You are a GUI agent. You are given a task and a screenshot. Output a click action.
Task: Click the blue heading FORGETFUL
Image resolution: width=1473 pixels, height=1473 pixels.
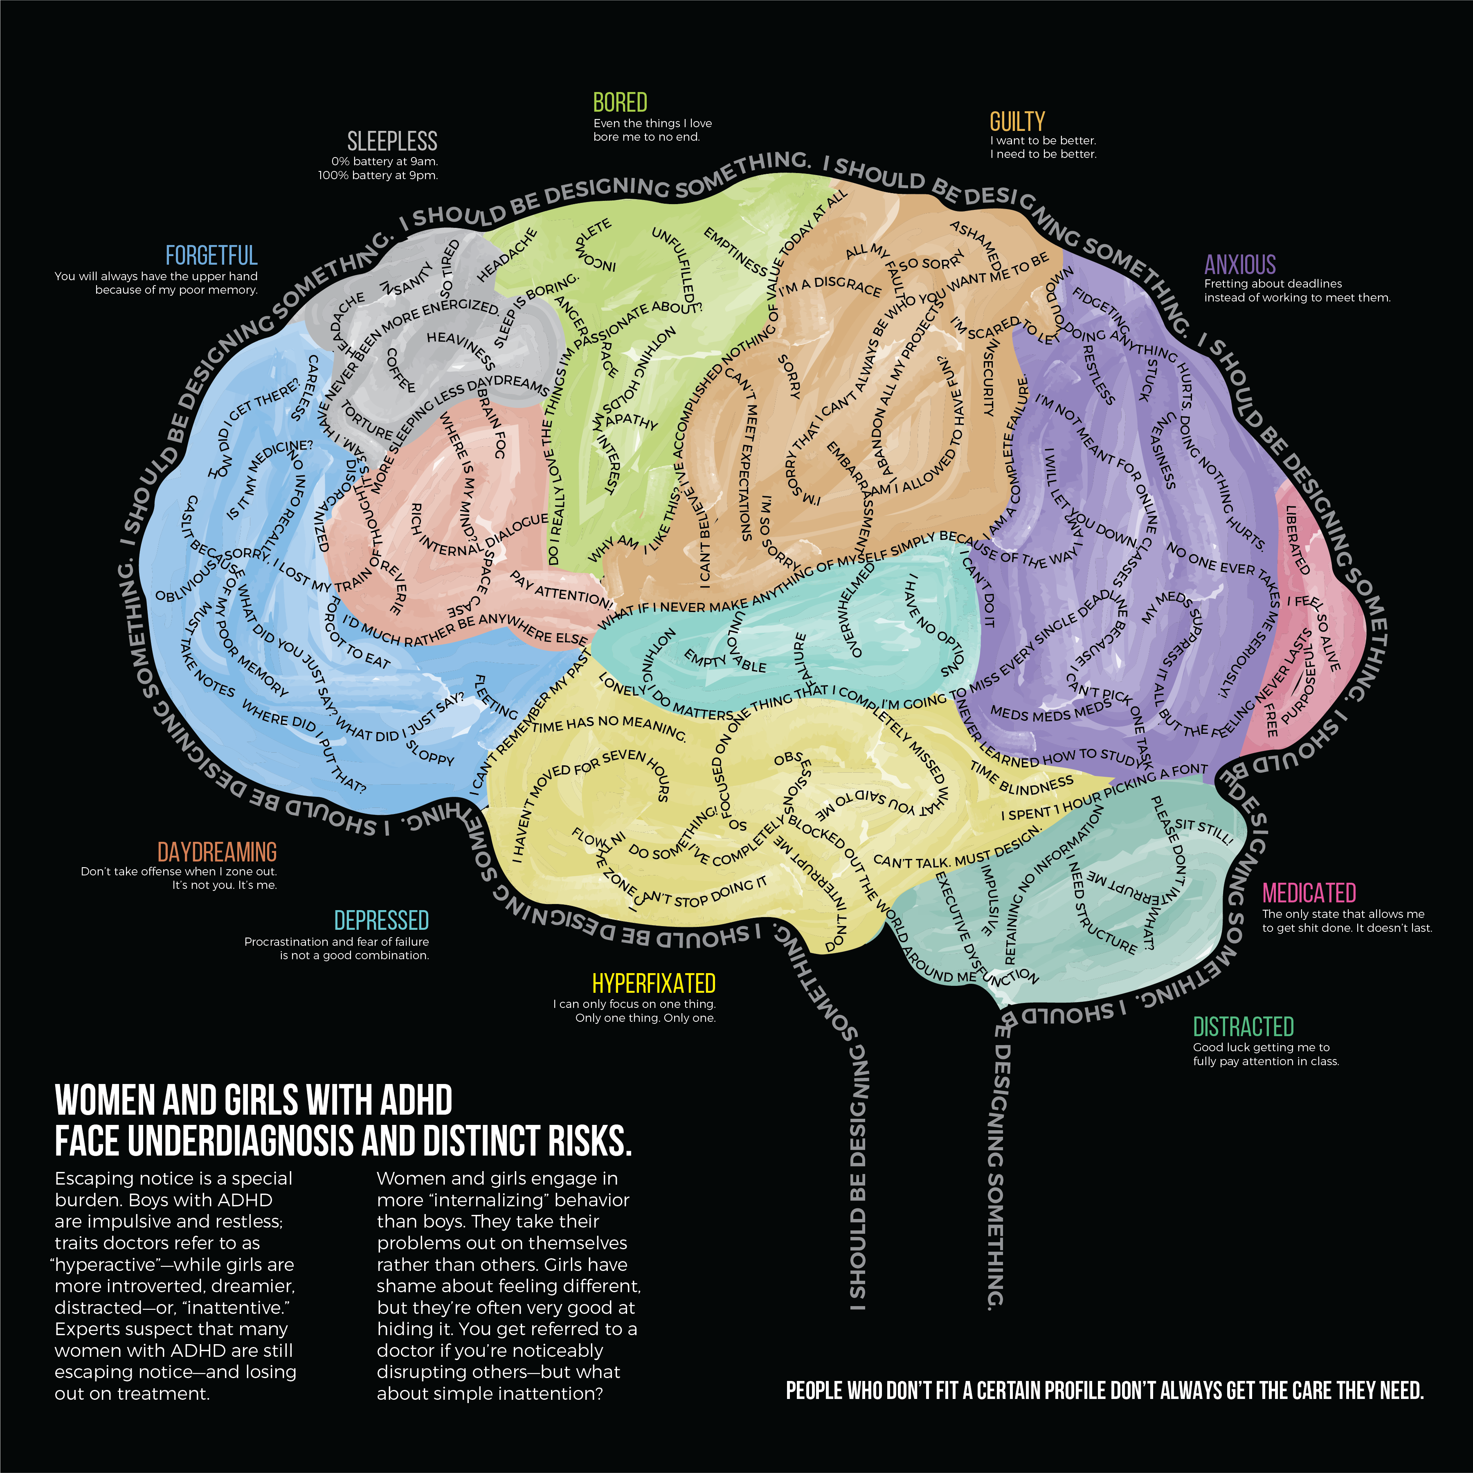[211, 255]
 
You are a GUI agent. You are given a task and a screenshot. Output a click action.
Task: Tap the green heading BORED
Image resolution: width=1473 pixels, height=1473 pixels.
[620, 102]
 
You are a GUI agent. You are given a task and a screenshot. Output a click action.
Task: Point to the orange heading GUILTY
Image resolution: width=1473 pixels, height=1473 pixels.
[1017, 121]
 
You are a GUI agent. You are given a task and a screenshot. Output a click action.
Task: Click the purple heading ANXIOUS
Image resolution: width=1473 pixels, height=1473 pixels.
[1240, 265]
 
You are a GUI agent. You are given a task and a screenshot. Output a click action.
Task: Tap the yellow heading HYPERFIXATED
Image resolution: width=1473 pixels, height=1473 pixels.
[653, 983]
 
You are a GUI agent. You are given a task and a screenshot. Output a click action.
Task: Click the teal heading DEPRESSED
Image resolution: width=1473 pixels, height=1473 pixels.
[381, 920]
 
